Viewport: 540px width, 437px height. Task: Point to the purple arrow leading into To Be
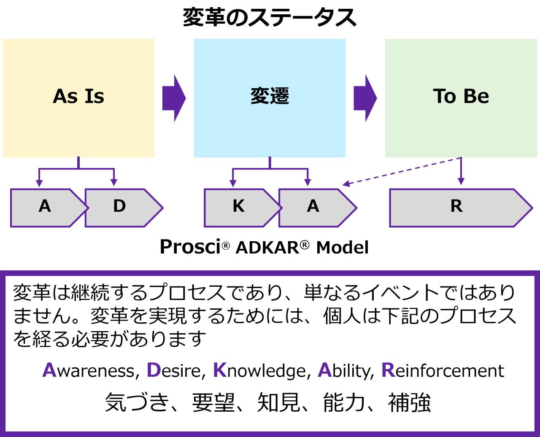(x=365, y=98)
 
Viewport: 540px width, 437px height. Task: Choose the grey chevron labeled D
(x=120, y=207)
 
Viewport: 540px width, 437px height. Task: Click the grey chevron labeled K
(x=239, y=207)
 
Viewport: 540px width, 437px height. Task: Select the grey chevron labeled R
(x=456, y=207)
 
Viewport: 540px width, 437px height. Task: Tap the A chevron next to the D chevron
(x=45, y=207)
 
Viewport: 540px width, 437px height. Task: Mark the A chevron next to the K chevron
(x=313, y=207)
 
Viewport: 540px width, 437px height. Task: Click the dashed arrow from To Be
(x=401, y=171)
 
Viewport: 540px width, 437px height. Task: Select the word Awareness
(x=90, y=371)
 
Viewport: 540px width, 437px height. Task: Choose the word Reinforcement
(x=443, y=371)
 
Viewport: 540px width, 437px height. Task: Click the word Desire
(x=173, y=371)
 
